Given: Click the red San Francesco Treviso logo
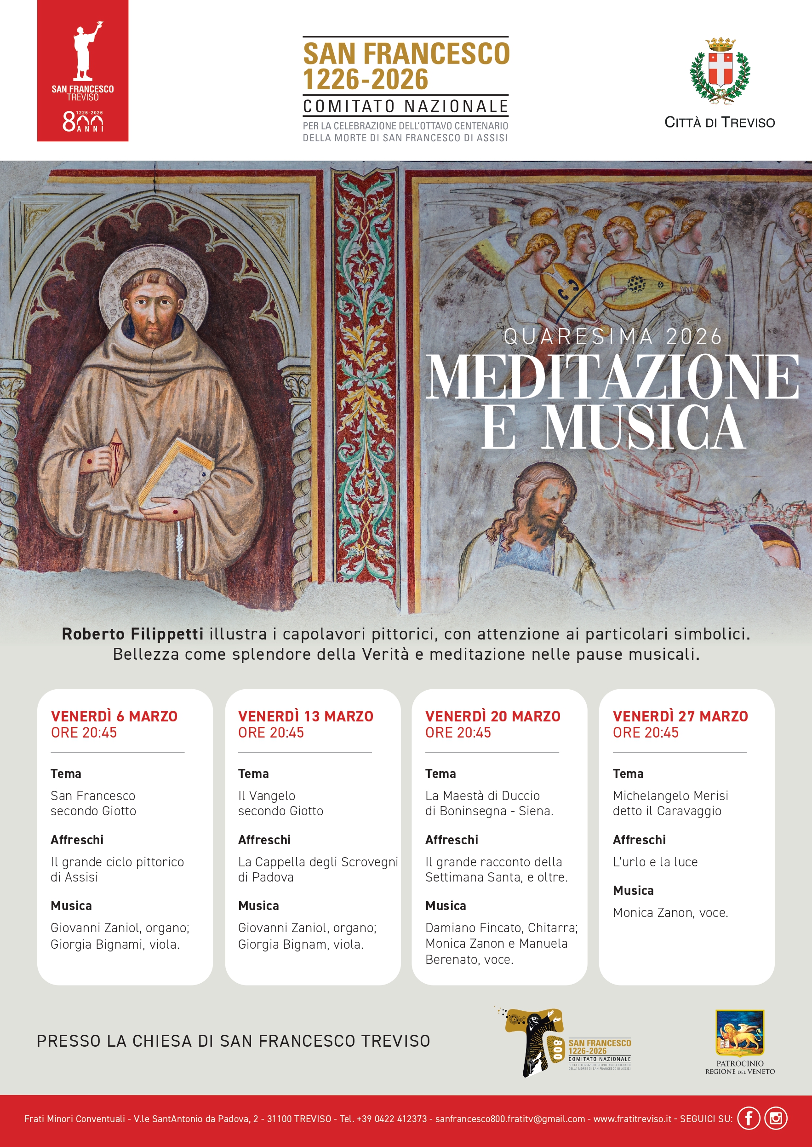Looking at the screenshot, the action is (82, 70).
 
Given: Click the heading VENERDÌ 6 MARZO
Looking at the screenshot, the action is (114, 716).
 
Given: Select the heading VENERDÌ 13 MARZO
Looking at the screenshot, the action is (305, 716).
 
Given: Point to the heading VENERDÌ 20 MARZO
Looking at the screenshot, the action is (492, 716).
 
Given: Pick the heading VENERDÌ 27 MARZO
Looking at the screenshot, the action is (680, 716).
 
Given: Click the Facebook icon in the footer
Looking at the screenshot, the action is (749, 1118).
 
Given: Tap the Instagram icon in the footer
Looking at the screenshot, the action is (776, 1118).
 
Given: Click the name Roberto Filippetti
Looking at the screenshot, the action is (132, 634).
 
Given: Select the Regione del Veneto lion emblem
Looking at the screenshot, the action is (740, 1032).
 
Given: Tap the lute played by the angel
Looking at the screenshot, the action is (645, 285).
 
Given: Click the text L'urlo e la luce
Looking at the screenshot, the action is (655, 862).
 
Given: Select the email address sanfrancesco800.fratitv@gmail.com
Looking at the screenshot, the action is (510, 1119).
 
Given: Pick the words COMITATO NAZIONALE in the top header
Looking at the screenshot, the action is (406, 106).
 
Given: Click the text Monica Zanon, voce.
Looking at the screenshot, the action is (670, 912).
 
